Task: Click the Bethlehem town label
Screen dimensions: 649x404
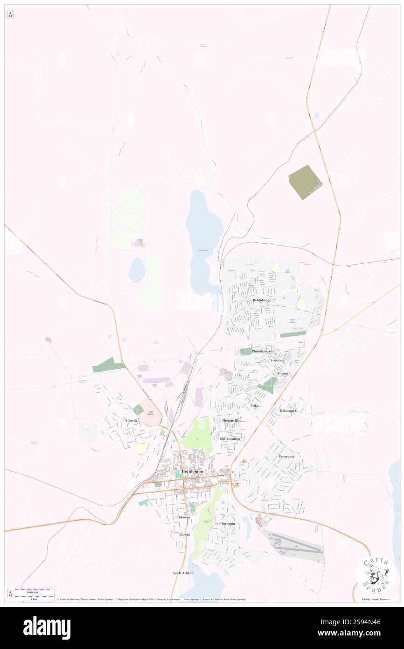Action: click(193, 472)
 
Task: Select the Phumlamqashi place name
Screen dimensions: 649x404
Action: click(263, 351)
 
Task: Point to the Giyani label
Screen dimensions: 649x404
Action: click(283, 374)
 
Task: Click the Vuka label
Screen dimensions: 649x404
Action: click(254, 405)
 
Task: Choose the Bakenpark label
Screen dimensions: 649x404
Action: click(288, 410)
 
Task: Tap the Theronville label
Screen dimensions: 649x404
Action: click(230, 421)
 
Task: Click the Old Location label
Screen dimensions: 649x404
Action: click(230, 439)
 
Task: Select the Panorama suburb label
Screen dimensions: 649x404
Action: click(286, 456)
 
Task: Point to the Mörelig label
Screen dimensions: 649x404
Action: click(132, 421)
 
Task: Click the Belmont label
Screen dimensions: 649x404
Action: click(184, 517)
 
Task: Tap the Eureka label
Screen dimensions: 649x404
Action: click(185, 534)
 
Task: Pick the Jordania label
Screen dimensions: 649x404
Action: click(228, 524)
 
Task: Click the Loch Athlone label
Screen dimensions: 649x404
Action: click(183, 572)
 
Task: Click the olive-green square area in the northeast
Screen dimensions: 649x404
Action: click(305, 182)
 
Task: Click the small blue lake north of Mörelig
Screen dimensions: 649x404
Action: click(137, 270)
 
